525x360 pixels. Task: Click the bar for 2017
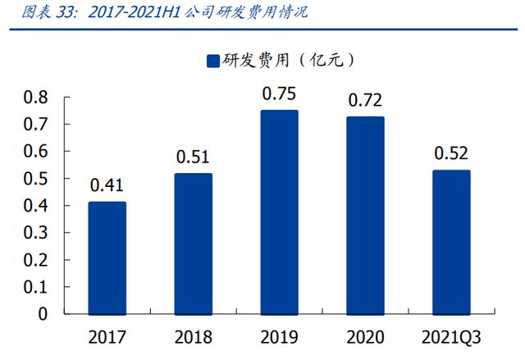[107, 258]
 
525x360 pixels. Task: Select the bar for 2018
[194, 244]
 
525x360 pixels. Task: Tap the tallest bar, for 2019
[279, 212]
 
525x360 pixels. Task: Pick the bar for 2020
[365, 216]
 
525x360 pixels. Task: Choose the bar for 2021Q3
[452, 243]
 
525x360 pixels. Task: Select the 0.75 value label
[279, 93]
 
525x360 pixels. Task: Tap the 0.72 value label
[365, 101]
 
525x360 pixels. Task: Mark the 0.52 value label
[452, 154]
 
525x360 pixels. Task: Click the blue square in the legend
[212, 61]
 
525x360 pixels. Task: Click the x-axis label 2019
[279, 337]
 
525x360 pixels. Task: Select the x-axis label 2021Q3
[452, 337]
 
